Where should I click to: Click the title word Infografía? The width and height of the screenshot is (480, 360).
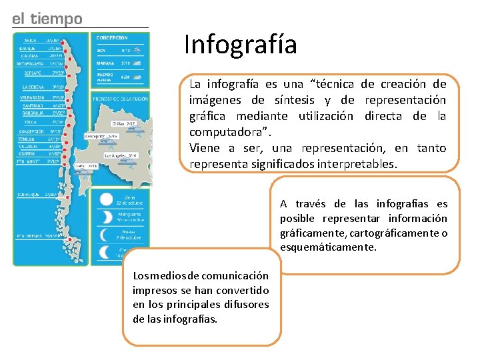[x=240, y=45]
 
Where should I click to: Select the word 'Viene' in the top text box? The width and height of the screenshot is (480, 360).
[x=205, y=148]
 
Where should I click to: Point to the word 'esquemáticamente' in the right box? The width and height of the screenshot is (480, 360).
[x=328, y=247]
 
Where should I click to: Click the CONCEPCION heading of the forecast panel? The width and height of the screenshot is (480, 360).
[x=112, y=37]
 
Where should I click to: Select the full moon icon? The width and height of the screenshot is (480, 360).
[x=106, y=199]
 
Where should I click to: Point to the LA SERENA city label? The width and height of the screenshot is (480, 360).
[x=34, y=87]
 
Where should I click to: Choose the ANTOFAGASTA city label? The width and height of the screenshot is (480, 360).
[x=30, y=64]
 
